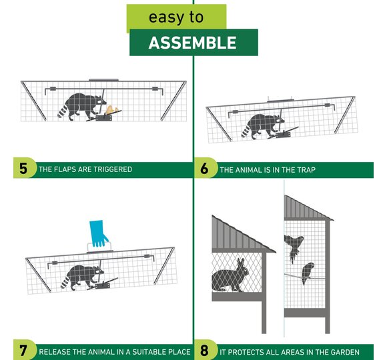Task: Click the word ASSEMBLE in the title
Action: (x=193, y=43)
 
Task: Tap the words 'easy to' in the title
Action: (x=176, y=17)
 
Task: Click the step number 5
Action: (x=23, y=169)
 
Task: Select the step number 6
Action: (x=204, y=169)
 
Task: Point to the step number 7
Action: (x=23, y=351)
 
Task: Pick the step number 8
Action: (x=204, y=351)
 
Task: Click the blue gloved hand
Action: (x=98, y=233)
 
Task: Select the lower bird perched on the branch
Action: (x=308, y=273)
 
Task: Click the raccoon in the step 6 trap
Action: (x=262, y=126)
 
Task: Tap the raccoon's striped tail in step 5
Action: (x=63, y=111)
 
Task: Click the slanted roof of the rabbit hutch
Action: (x=241, y=234)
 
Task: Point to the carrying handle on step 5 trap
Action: (x=103, y=80)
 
